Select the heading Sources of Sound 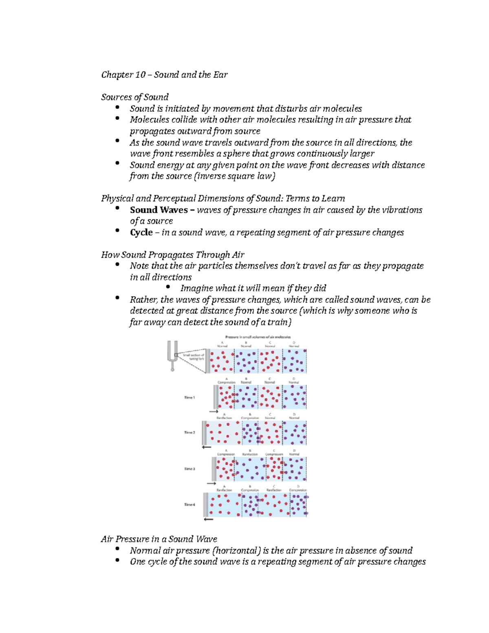click(x=134, y=97)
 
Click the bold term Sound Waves click(x=159, y=210)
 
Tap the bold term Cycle click(x=141, y=232)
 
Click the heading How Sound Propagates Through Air click(x=172, y=255)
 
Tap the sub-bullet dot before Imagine click(x=168, y=287)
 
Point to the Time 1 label click(x=189, y=397)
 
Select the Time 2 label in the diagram click(x=189, y=432)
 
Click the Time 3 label click(x=189, y=469)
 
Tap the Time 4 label click(x=189, y=505)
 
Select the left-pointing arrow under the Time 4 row click(x=208, y=520)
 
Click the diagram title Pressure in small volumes click(x=258, y=337)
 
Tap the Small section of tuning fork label click(x=194, y=357)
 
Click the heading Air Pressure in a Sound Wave click(x=159, y=539)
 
